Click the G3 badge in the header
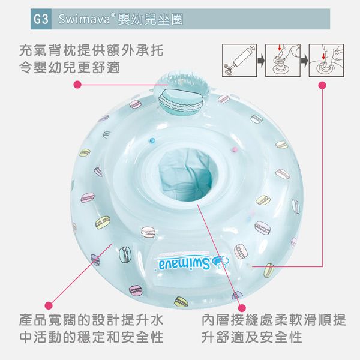tap(42, 19)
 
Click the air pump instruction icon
tap(239, 60)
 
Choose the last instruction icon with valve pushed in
tap(326, 60)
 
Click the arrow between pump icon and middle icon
tap(260, 60)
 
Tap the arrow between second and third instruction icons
tap(304, 60)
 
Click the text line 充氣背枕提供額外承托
tap(91, 50)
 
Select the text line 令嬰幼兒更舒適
tap(69, 68)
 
